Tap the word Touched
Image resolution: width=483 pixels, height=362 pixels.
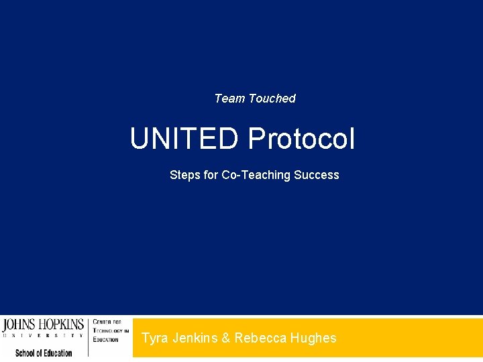(x=272, y=99)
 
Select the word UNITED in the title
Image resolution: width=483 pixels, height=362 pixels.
(x=184, y=139)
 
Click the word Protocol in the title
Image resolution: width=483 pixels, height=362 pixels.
(x=301, y=139)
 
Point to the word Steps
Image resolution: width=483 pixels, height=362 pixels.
(x=184, y=175)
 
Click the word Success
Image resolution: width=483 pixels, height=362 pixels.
(x=317, y=175)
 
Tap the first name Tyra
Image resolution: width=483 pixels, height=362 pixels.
(x=155, y=338)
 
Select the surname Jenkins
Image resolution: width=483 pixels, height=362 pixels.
(x=193, y=338)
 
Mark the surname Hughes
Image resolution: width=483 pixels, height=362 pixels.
(x=313, y=338)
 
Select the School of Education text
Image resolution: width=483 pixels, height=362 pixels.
(x=44, y=353)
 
